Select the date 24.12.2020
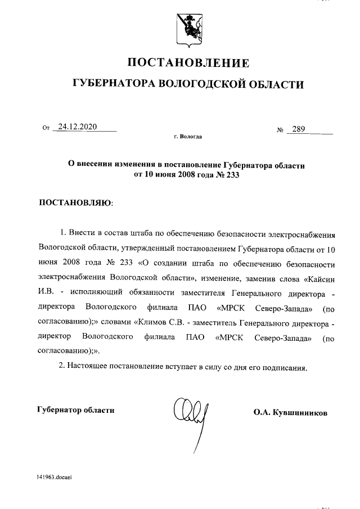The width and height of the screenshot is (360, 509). pos(78,127)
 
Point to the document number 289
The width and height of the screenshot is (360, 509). pos(298,130)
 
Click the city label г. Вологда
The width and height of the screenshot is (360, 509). pos(188,137)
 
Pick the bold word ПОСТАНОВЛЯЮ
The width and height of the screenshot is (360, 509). pos(75,202)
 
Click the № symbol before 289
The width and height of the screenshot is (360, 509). pos(280,130)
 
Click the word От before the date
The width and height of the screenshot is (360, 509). pos(46,128)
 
